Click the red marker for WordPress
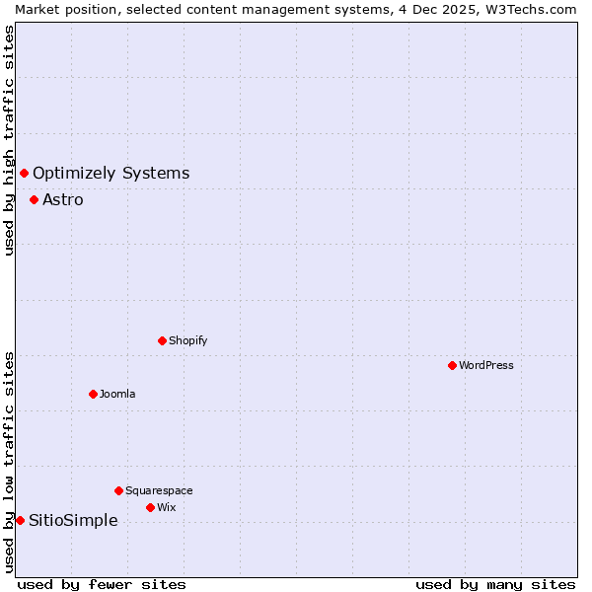[452, 365]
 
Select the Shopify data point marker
[162, 340]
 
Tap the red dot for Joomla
[93, 394]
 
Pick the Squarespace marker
[118, 490]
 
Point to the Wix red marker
[150, 507]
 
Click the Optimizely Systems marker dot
[24, 174]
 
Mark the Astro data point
[34, 199]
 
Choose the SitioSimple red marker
[20, 520]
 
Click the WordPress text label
[486, 365]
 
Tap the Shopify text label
[187, 340]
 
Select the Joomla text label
[117, 394]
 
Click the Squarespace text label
[159, 490]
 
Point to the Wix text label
[167, 507]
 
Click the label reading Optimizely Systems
[111, 174]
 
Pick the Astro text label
[63, 199]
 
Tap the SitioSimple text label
[73, 520]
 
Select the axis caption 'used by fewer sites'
[102, 584]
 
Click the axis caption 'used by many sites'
[495, 584]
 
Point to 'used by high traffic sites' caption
[9, 140]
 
